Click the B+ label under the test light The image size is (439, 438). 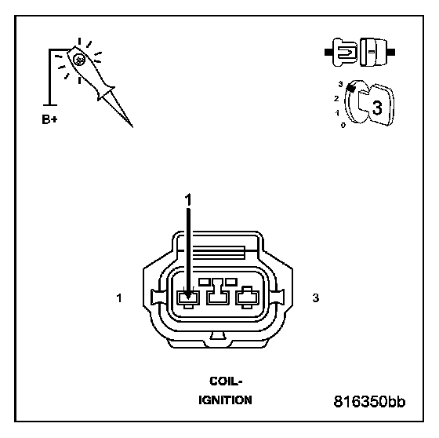[x=49, y=119]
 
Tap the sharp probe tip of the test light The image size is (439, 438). [x=132, y=127]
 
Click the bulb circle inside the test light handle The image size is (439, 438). [x=79, y=60]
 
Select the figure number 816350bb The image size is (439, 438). [x=369, y=401]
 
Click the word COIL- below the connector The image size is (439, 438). [x=226, y=381]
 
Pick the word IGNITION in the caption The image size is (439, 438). [x=225, y=400]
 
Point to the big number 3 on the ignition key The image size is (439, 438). [x=376, y=108]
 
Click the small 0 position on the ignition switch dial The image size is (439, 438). [x=343, y=126]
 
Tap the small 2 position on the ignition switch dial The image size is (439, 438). [x=336, y=98]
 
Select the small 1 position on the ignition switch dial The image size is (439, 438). [x=337, y=113]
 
